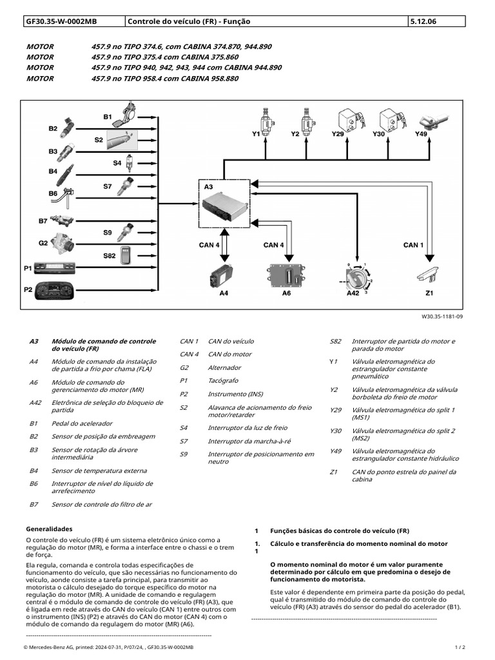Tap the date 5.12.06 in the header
pyautogui.click(x=422, y=21)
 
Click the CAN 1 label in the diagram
pyautogui.click(x=413, y=245)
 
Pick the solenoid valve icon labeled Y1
pyautogui.click(x=264, y=119)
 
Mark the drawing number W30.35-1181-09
pyautogui.click(x=442, y=317)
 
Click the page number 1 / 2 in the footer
pyautogui.click(x=460, y=646)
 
